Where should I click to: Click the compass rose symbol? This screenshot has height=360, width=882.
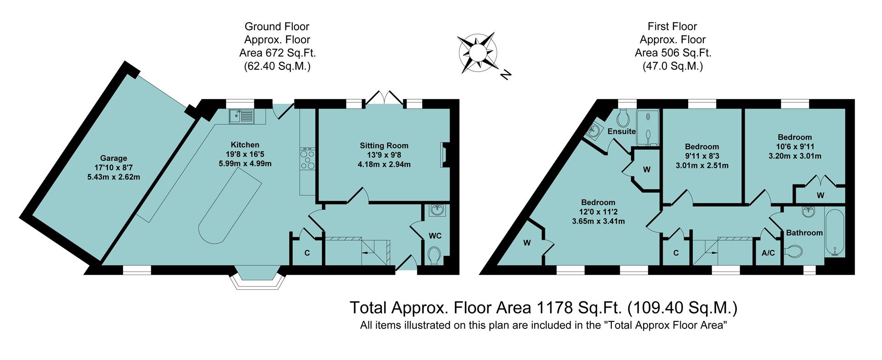click(x=478, y=52)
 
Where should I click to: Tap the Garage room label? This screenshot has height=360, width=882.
click(x=113, y=158)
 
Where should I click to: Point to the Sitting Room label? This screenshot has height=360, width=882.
click(x=384, y=146)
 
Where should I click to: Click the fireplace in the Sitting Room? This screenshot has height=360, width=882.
click(x=444, y=154)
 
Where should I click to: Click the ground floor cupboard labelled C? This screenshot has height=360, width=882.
click(x=307, y=253)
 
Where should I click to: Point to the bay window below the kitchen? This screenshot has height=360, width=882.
click(x=256, y=278)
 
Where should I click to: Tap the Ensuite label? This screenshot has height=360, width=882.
click(x=621, y=131)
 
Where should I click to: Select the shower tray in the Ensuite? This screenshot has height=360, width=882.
click(x=648, y=128)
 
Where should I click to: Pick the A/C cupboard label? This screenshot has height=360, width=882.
click(x=768, y=253)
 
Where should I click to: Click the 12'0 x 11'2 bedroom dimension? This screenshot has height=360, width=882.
click(x=598, y=212)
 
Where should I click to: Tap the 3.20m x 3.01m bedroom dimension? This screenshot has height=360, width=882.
click(x=795, y=156)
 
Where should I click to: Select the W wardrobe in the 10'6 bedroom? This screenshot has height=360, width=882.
click(x=820, y=195)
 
